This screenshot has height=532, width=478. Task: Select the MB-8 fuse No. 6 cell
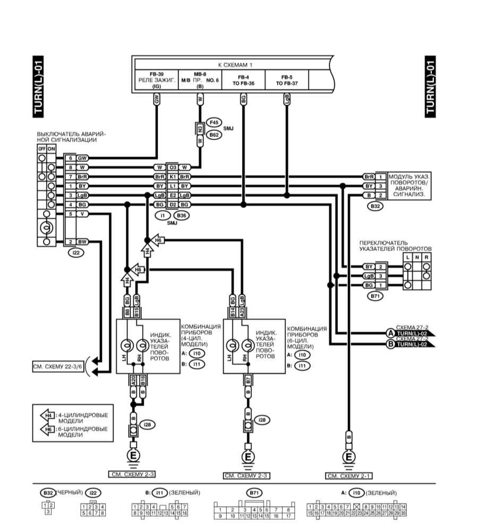point(200,79)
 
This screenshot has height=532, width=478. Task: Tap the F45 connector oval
point(214,122)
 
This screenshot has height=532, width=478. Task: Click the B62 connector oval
point(214,136)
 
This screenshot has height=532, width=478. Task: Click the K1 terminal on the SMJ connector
point(173,176)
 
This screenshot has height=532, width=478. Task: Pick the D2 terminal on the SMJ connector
point(173,204)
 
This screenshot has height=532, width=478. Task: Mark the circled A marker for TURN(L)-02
point(390,333)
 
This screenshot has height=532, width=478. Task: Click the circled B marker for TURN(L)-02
point(390,344)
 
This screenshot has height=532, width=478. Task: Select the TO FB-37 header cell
point(287,80)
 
